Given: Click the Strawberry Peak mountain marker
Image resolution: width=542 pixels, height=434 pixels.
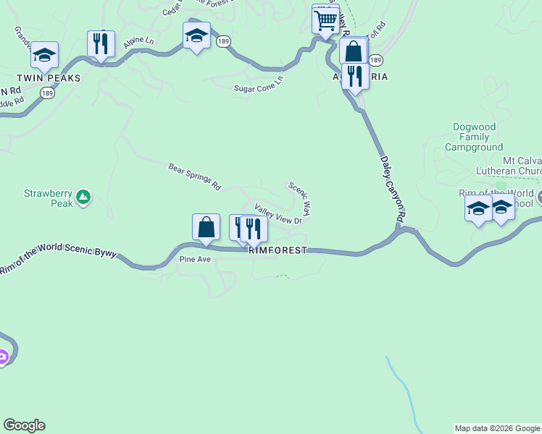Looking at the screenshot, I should (83, 196).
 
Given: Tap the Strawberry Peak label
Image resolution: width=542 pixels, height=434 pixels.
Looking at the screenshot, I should (49, 198).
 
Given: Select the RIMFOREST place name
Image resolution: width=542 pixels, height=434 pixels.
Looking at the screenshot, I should (278, 250).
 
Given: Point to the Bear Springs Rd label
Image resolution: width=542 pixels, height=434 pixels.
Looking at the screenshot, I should (194, 176).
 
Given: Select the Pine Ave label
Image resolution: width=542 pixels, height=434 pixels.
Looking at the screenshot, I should (194, 259).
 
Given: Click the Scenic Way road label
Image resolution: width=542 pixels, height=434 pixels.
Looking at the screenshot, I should (299, 199).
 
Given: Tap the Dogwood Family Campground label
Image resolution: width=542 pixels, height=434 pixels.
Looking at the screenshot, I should (474, 137).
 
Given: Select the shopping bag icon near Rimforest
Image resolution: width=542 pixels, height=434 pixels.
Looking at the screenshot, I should (207, 226).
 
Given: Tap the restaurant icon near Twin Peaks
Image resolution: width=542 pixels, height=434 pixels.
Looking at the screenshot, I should (101, 43).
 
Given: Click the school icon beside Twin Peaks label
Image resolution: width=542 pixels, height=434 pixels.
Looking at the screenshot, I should (44, 55).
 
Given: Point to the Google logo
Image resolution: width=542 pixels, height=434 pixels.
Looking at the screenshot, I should (24, 425).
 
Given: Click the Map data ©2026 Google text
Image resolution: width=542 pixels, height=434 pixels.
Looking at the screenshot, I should (497, 428).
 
